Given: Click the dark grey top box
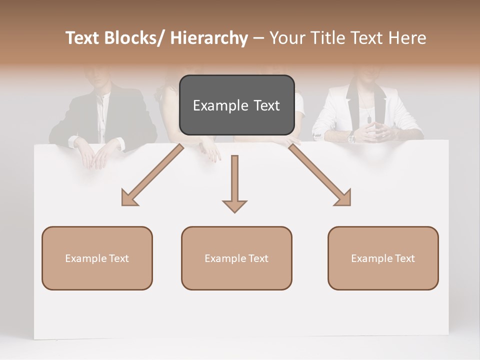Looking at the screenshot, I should pos(236,105).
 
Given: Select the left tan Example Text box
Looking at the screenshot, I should pos(97,258).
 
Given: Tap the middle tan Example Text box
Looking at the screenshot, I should pos(236,258).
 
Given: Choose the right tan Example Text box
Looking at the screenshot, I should pos(383,258).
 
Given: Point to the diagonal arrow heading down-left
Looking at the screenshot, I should pos(152,175).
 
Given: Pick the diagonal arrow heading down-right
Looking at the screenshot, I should pos(320,175).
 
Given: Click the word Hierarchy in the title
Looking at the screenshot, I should pos(209,38).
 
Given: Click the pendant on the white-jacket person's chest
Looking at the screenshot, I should pos(369,119).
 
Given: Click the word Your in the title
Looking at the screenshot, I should pos(286,38).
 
